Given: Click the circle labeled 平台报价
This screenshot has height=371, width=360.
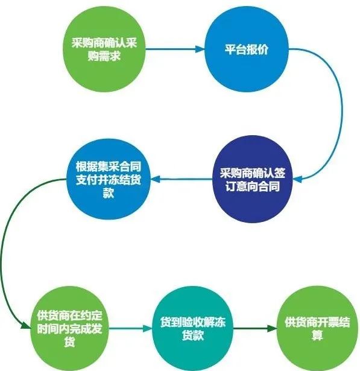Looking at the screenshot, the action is pos(247,49).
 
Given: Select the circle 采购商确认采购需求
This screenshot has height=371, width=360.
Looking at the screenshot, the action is pos(104,49).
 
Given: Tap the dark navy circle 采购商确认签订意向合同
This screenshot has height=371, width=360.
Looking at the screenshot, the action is pos(253,179).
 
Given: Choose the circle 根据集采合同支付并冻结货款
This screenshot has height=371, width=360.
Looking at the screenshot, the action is pos(109,179).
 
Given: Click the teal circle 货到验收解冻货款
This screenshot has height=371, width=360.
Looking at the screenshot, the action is pos(193,328).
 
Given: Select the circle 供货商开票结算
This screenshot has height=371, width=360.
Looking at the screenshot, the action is pos(317,328).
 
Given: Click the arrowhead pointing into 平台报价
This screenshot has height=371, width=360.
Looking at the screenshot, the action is pos(200,49).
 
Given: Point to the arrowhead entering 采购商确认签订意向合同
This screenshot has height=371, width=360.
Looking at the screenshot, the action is pos(297,179).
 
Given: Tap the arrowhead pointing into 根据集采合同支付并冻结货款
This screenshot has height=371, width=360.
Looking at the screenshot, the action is pos(156,179).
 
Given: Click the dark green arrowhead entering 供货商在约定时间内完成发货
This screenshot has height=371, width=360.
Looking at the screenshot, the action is pos(25,325).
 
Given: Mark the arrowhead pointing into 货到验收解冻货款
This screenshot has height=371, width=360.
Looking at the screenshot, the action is pos(148,328).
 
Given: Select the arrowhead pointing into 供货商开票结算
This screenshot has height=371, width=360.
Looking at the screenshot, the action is pos(272,328).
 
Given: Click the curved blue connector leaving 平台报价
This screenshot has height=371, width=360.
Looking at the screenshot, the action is pos(342,113).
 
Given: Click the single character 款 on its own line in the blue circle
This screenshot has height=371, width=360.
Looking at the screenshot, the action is pos(109,193).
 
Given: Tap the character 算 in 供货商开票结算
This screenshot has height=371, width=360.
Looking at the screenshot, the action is pos(317,335).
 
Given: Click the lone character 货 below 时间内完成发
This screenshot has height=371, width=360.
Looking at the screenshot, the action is pos(69,341).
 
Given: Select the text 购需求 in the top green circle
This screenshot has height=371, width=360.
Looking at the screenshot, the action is pos(104,56).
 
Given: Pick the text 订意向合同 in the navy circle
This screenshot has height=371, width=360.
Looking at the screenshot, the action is pos(253,186).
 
